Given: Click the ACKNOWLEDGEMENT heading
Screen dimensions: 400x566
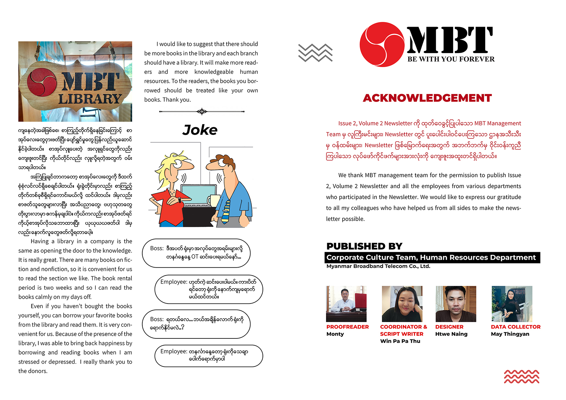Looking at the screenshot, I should (427, 98).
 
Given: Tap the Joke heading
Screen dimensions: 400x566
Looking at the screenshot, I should (200, 130).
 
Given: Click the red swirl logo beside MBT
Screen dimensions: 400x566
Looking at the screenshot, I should (382, 44).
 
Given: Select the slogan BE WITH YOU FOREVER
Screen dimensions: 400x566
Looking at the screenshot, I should (451, 59).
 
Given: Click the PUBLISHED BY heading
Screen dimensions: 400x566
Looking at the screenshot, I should (364, 246).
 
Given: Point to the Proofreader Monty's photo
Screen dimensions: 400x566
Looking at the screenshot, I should (346, 304).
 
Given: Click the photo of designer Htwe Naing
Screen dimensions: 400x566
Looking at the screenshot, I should (455, 304).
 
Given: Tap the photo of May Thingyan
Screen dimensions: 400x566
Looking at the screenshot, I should (512, 304).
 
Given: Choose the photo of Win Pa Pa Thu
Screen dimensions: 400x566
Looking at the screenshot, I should (402, 304).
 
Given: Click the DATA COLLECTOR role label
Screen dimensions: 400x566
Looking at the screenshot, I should (515, 327).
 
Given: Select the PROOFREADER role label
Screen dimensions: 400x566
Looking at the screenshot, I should (347, 327).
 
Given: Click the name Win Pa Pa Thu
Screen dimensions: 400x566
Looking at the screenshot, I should (400, 341).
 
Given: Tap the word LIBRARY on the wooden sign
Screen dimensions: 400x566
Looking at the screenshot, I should (90, 99).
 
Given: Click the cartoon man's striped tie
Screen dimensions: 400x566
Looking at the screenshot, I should (226, 211).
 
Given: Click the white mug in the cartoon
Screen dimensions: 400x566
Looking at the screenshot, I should (215, 200).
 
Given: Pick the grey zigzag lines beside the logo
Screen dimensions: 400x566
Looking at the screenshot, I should (315, 53).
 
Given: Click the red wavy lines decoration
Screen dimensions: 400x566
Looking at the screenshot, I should (522, 377).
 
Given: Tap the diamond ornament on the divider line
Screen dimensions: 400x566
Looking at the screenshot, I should (202, 112).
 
